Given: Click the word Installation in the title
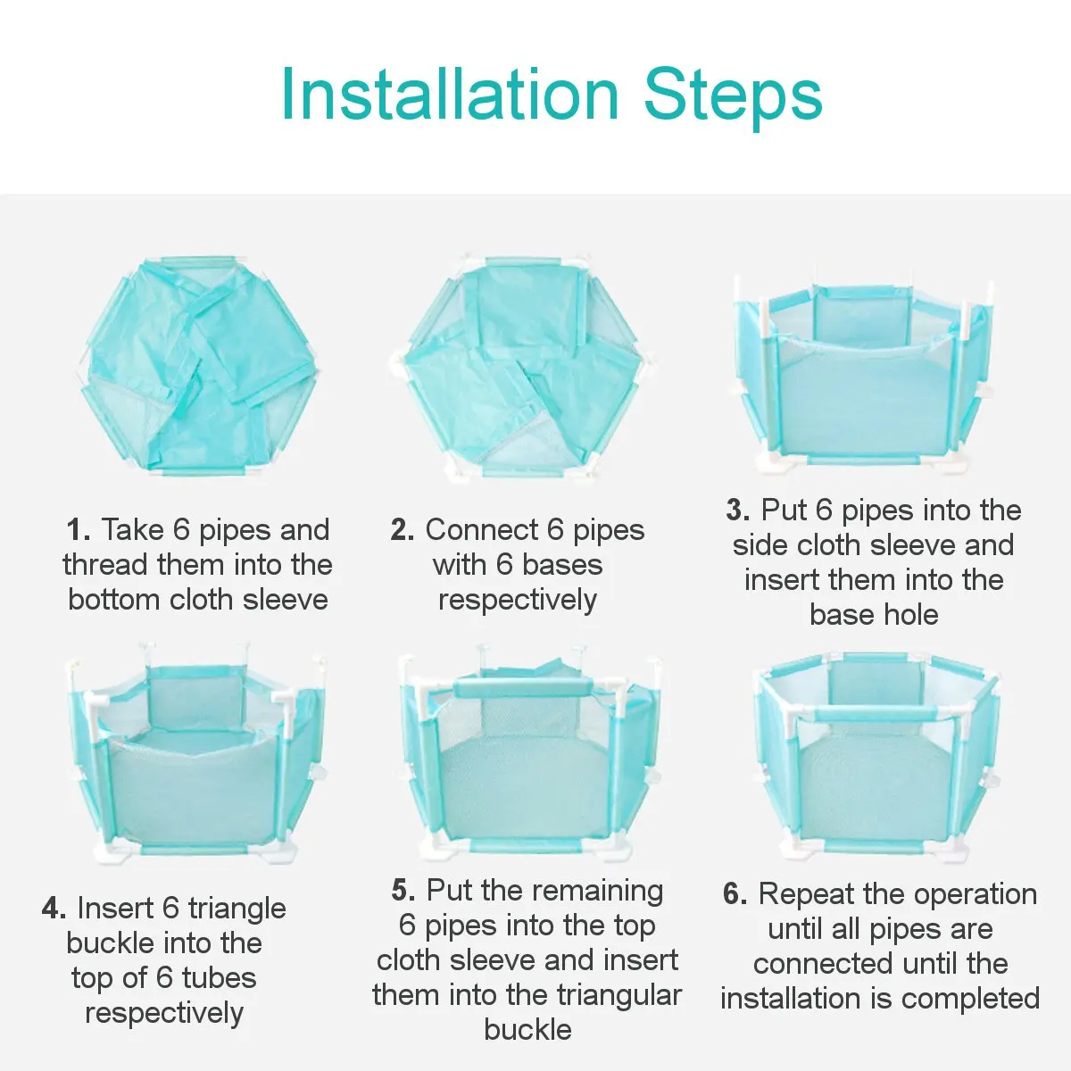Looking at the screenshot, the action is point(450,94).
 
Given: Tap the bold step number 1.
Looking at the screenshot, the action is point(78,529).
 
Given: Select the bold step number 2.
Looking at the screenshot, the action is point(403,529).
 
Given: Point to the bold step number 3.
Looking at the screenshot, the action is point(737,511).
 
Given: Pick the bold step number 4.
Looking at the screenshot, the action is point(54,909).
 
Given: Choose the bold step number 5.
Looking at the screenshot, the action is point(403,890).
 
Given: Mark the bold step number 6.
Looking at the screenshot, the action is point(735,893).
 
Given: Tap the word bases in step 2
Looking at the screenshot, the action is point(562,565).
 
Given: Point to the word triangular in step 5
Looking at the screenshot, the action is point(619,995).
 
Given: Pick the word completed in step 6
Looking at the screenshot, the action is point(970,999).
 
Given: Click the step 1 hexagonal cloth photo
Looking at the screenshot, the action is point(197,367).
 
